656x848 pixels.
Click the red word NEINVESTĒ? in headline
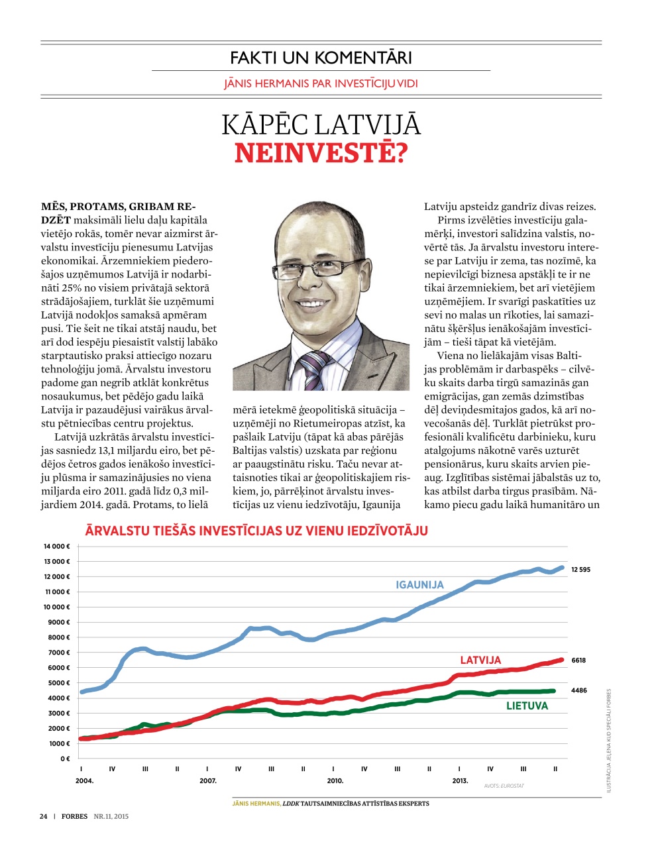pyautogui.click(x=321, y=154)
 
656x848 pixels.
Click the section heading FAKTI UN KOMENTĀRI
pyautogui.click(x=321, y=58)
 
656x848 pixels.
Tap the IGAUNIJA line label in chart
pyautogui.click(x=419, y=585)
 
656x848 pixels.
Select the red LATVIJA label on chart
pyautogui.click(x=480, y=660)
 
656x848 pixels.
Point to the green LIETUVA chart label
pyautogui.click(x=527, y=706)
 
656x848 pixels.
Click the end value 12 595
pyautogui.click(x=580, y=570)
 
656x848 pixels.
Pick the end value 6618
pyautogui.click(x=578, y=661)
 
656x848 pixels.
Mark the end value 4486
pyautogui.click(x=578, y=690)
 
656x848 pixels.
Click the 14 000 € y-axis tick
pyautogui.click(x=56, y=547)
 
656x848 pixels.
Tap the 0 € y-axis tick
pyautogui.click(x=65, y=759)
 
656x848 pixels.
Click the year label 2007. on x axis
pyautogui.click(x=208, y=781)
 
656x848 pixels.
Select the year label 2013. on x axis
pyautogui.click(x=460, y=781)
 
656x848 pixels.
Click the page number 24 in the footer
pyautogui.click(x=43, y=816)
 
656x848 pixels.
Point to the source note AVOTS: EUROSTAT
pyautogui.click(x=504, y=786)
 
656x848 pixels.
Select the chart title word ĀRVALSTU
pyautogui.click(x=119, y=531)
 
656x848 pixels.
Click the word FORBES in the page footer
pyautogui.click(x=74, y=816)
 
